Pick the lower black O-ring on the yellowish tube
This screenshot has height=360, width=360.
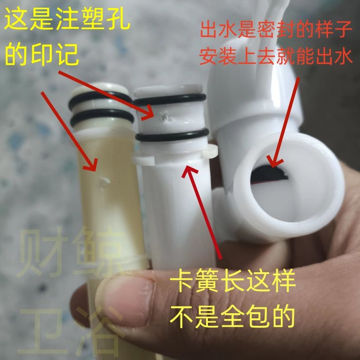click(102, 117)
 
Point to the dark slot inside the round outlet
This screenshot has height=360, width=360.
click(269, 173)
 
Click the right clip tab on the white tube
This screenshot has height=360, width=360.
click(210, 152)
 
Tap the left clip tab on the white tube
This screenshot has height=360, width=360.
click(144, 160)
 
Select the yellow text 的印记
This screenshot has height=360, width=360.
click(42, 54)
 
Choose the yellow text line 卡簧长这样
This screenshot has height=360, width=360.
click(233, 280)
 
